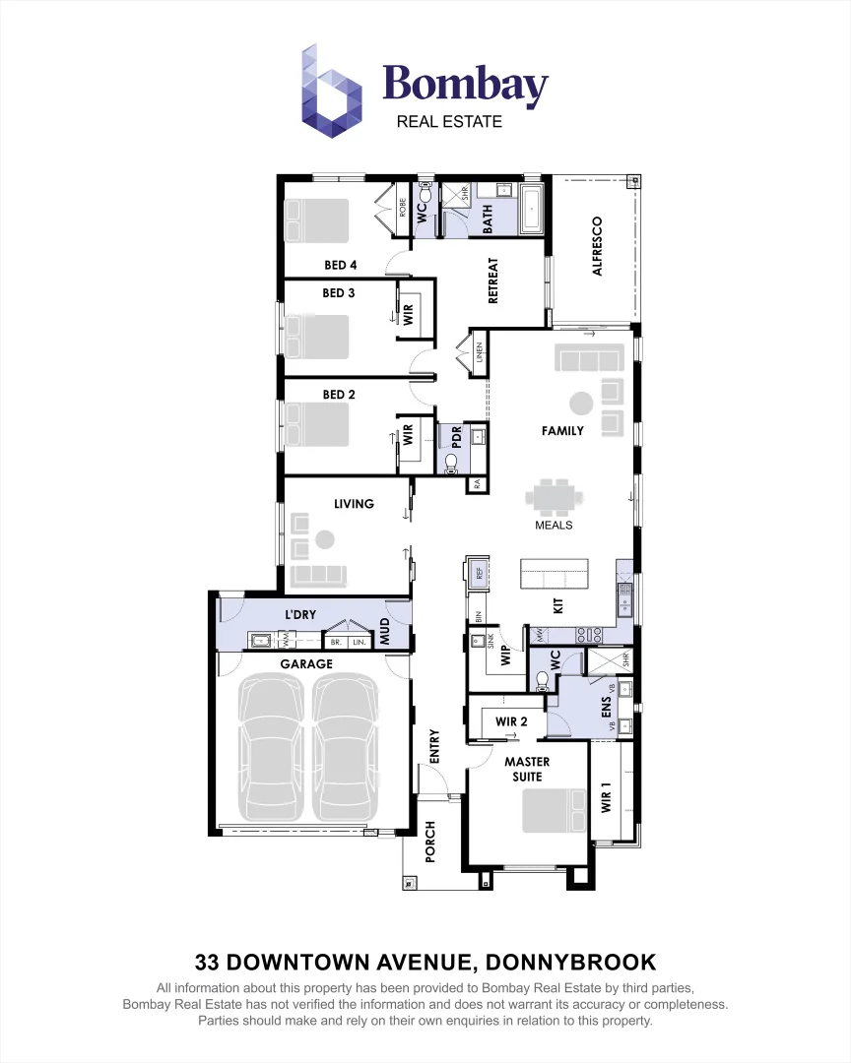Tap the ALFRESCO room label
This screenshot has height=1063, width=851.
tap(597, 246)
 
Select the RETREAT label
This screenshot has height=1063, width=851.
tap(493, 281)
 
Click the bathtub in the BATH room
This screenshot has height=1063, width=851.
tap(532, 208)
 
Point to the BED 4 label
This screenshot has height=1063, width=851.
tap(340, 265)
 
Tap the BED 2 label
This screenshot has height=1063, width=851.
tap(339, 395)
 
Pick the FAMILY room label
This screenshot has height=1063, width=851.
tap(562, 431)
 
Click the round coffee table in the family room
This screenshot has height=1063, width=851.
tap(581, 403)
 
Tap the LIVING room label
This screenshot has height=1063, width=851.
tap(354, 504)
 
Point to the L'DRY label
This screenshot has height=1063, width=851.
tap(300, 615)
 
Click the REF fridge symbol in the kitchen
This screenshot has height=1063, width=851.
tap(478, 574)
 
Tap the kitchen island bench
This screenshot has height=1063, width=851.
tap(554, 572)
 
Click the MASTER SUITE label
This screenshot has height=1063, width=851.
tap(527, 769)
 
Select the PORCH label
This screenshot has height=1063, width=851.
tap(430, 842)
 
